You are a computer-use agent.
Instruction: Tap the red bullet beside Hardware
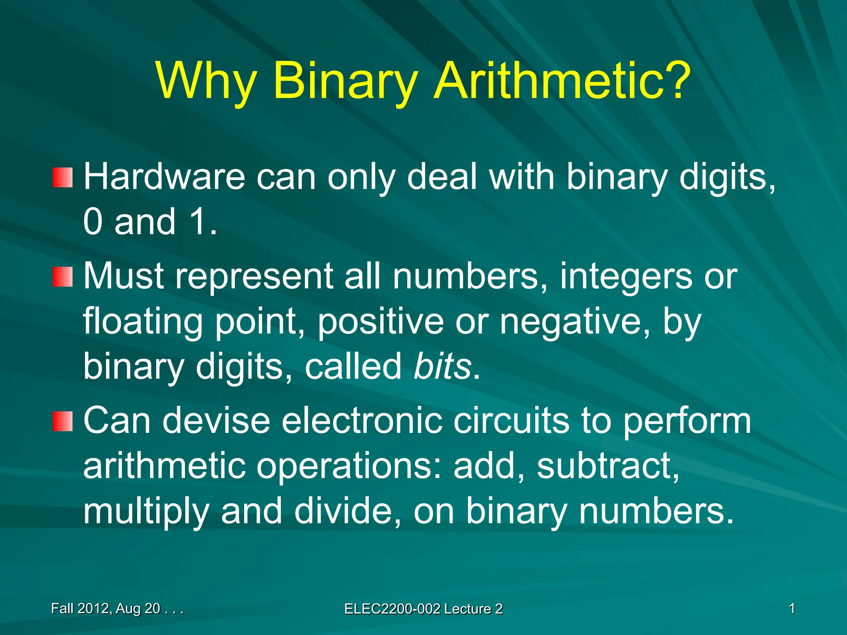click(x=63, y=177)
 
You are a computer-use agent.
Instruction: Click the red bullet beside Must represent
click(x=63, y=277)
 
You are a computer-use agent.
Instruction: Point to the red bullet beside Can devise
click(x=63, y=421)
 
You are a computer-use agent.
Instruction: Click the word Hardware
click(x=164, y=177)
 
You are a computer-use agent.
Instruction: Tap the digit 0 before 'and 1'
click(x=93, y=222)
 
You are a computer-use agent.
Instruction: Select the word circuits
click(x=511, y=420)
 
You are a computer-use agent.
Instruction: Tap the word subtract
click(x=608, y=466)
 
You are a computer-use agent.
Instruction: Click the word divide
click(x=347, y=511)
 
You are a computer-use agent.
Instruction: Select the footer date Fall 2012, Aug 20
click(x=117, y=609)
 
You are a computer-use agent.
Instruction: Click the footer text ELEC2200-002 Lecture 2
click(x=423, y=609)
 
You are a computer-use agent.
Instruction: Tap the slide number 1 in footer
click(x=792, y=609)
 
